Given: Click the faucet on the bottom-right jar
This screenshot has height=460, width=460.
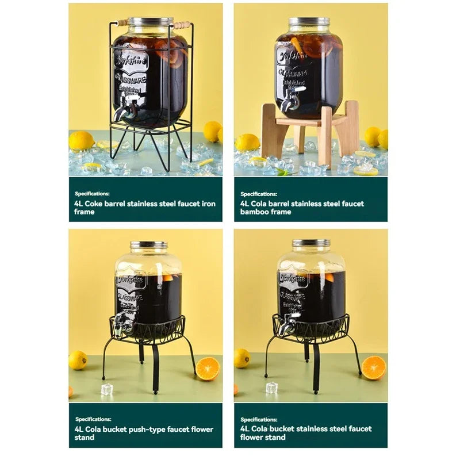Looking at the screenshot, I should tap(286, 324).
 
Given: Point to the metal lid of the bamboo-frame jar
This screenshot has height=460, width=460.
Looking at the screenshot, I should tap(309, 24).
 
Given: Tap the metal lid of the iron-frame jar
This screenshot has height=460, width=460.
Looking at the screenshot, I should tap(150, 22).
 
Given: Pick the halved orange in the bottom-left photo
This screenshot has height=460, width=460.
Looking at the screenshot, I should tap(208, 369).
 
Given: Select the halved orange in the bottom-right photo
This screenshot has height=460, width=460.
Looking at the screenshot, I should tap(373, 367).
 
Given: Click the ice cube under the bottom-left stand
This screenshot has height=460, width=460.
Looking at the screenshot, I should tap(107, 389).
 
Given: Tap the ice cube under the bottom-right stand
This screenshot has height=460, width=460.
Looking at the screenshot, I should tap(271, 388).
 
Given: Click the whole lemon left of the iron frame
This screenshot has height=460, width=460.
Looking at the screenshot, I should tap(81, 140).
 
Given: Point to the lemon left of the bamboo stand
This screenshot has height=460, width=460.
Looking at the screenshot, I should tap(247, 142).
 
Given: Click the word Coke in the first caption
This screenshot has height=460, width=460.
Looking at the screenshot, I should tap(95, 204).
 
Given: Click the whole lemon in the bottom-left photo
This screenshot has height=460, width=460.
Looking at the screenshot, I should tap(78, 360).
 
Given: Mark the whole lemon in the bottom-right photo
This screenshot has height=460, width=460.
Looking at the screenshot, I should tap(242, 358).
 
